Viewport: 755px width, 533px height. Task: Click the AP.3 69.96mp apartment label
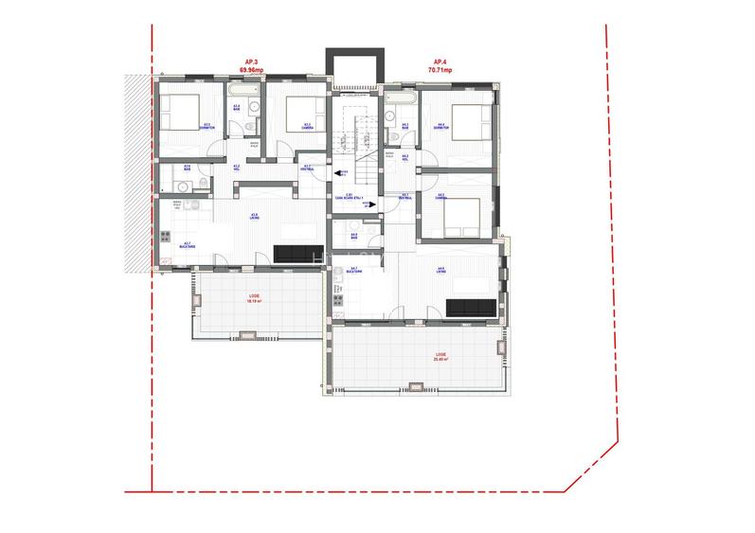pos(250,66)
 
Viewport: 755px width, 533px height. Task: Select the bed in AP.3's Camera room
pos(301,112)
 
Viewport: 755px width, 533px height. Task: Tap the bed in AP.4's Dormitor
pos(469,121)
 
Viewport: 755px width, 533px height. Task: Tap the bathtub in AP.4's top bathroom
pos(400,96)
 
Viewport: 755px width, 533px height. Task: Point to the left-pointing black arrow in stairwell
pos(339,172)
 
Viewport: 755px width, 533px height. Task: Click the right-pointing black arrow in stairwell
pos(373,202)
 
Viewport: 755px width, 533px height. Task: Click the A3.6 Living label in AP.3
pos(254,217)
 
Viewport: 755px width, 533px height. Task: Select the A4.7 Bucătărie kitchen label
pos(353,270)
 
